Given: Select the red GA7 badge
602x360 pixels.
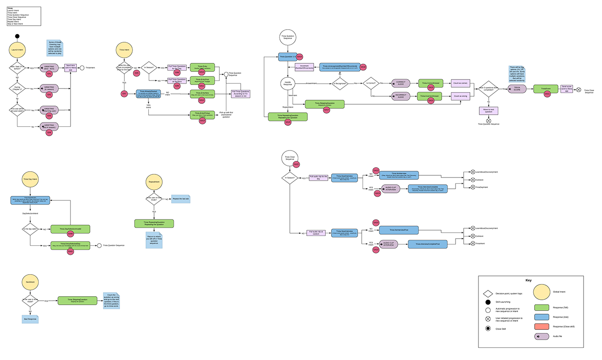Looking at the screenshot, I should click(x=124, y=93).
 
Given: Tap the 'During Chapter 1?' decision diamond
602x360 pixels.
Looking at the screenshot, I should click(x=17, y=89).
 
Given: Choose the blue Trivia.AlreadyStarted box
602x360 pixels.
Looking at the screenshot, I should click(x=149, y=93).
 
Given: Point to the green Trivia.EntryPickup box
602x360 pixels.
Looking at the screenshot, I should click(x=202, y=115).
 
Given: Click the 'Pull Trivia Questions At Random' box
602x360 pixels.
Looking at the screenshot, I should click(x=177, y=80).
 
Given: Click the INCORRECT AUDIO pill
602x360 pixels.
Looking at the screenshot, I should click(x=400, y=96).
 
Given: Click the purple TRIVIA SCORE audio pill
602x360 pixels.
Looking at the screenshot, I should click(x=517, y=89).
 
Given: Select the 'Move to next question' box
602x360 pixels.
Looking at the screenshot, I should click(x=488, y=111).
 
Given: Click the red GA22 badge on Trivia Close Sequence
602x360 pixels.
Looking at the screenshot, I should click(x=297, y=164).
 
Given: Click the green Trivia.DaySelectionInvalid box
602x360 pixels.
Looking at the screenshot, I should click(x=70, y=229).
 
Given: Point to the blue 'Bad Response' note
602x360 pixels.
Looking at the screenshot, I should click(x=31, y=319).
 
